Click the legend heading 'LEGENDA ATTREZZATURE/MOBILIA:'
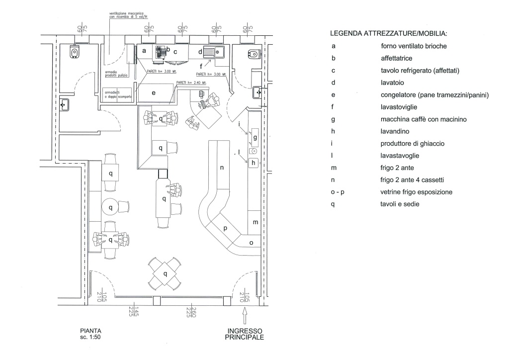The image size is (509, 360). pos(388,34)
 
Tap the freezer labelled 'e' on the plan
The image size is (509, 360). pos(154,93)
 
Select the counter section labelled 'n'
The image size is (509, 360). pos(222,168)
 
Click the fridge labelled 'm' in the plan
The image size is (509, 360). pos(255,222)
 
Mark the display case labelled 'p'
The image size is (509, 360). pos(225,229)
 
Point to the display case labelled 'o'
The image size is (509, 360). pos(251,243)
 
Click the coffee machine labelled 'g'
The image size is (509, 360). pos(255,137)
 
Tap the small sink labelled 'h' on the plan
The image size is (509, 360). pos(253,162)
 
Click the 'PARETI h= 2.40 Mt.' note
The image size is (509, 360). pos(190,83)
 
